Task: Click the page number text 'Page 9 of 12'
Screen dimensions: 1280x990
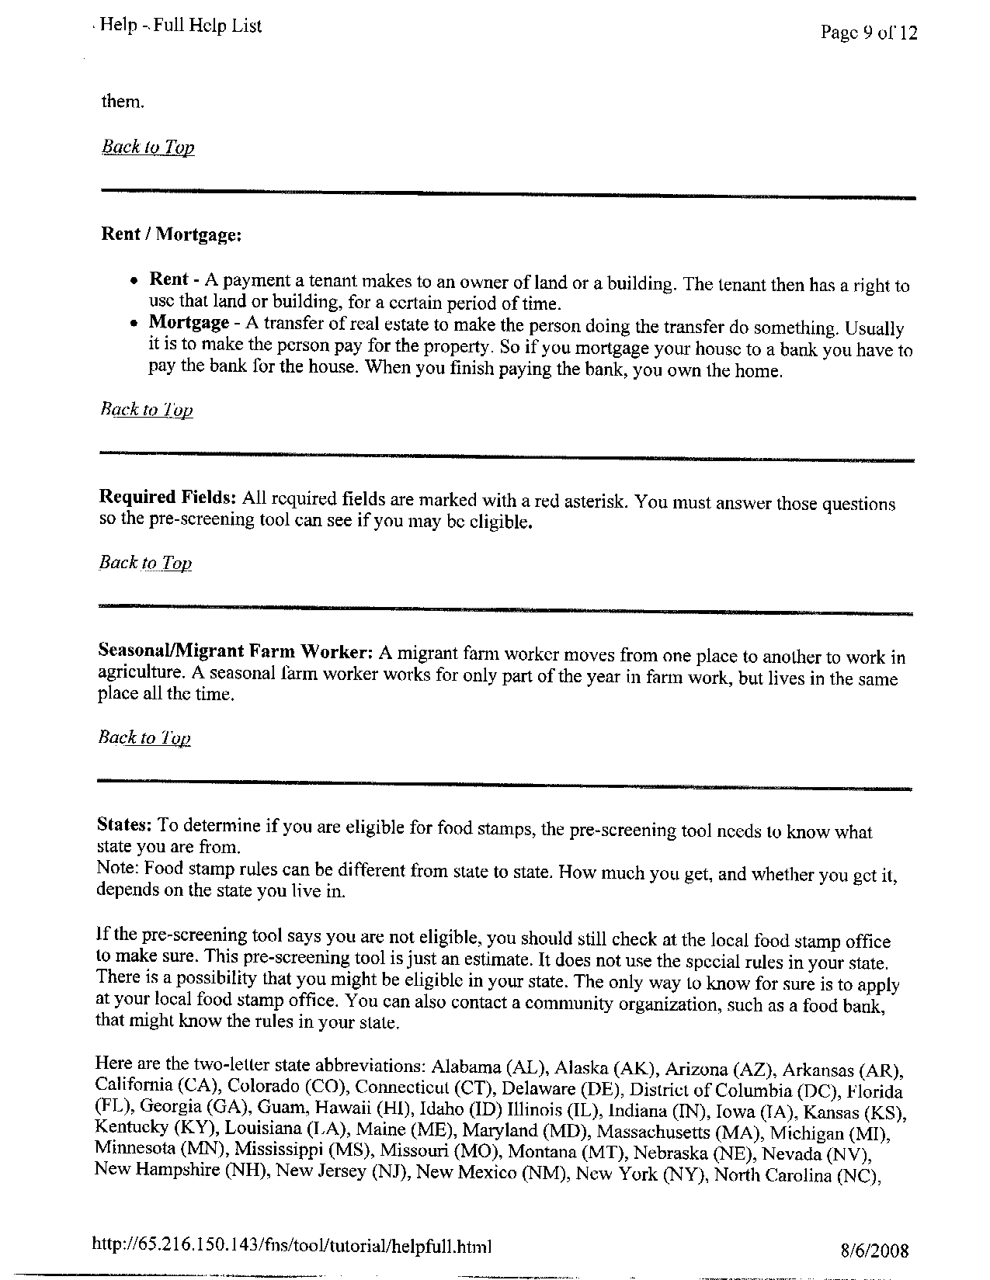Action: pyautogui.click(x=868, y=32)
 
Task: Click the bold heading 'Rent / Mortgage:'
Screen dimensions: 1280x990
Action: pyautogui.click(x=172, y=234)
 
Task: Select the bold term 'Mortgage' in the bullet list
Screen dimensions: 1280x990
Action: pyautogui.click(x=189, y=321)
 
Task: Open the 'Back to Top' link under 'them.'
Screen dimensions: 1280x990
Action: pyautogui.click(x=148, y=147)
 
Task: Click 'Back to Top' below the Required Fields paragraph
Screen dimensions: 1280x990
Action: pyautogui.click(x=145, y=563)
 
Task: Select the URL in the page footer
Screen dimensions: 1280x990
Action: pyautogui.click(x=292, y=1246)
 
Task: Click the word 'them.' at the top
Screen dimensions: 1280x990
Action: pyautogui.click(x=123, y=101)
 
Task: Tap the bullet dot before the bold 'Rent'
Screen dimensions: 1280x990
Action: pyautogui.click(x=135, y=280)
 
